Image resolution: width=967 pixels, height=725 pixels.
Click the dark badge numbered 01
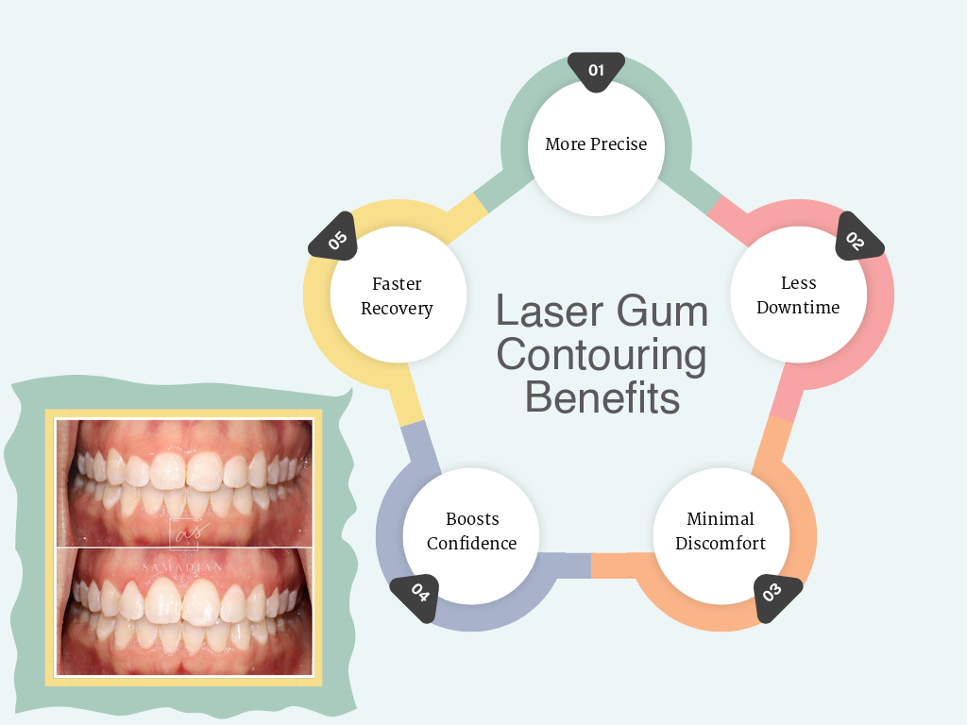pos(596,71)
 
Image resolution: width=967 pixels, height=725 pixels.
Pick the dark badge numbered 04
pos(417,596)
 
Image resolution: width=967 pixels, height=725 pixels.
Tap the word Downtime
pos(798,308)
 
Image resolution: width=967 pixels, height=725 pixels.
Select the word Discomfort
pos(721,543)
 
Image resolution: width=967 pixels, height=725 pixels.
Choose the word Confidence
pos(472,543)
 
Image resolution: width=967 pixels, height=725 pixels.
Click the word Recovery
pos(397,309)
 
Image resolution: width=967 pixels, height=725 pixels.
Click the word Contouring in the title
pos(602,355)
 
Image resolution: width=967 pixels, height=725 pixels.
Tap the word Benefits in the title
pos(602,397)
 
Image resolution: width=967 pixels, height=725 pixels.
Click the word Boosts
pos(472,519)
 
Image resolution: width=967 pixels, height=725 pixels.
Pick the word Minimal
pos(721,519)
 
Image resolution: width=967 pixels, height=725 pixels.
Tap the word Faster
pos(397,284)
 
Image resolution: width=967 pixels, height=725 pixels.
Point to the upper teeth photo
pos(184,481)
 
